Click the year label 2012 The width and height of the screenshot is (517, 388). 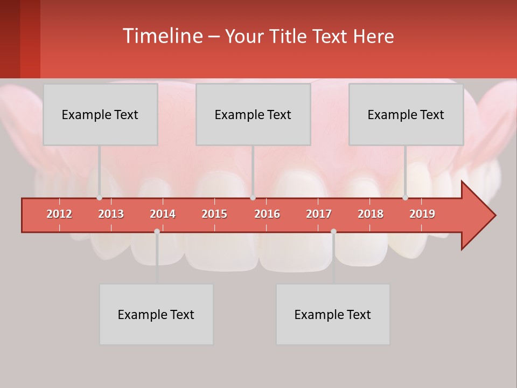pyautogui.click(x=59, y=214)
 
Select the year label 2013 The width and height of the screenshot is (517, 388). pyautogui.click(x=111, y=214)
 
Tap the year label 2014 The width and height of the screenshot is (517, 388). pyautogui.click(x=163, y=214)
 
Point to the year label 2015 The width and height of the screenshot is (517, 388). pyautogui.click(x=214, y=214)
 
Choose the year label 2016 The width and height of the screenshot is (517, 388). pyautogui.click(x=267, y=214)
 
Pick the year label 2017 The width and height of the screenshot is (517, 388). pyautogui.click(x=319, y=214)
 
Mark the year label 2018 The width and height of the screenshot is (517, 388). pyautogui.click(x=371, y=214)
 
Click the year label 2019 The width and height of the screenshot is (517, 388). pyautogui.click(x=422, y=214)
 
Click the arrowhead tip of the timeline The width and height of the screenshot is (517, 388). pyautogui.click(x=494, y=216)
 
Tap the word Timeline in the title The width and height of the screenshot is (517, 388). pyautogui.click(x=162, y=36)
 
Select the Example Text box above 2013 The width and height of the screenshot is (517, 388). pyautogui.click(x=100, y=114)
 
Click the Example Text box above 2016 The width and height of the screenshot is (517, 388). pyautogui.click(x=253, y=114)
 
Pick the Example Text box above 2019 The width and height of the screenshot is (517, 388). pyautogui.click(x=406, y=114)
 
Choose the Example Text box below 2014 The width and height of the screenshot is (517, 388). pyautogui.click(x=156, y=314)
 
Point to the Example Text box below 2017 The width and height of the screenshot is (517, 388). pyautogui.click(x=333, y=314)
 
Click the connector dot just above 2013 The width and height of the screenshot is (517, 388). pyautogui.click(x=99, y=198)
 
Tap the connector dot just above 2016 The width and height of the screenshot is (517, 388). pyautogui.click(x=253, y=198)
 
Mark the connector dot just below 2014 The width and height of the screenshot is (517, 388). pyautogui.click(x=157, y=231)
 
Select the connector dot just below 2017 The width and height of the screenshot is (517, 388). pyautogui.click(x=333, y=231)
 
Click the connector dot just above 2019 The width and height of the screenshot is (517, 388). pyautogui.click(x=405, y=198)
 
